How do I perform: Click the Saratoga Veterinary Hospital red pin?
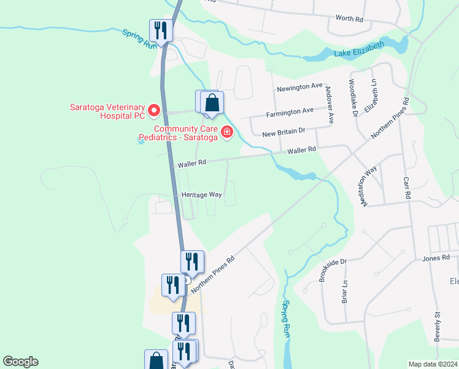[154, 111]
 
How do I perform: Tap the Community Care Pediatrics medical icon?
[227, 132]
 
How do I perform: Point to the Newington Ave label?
[299, 88]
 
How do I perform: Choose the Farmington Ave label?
[290, 112]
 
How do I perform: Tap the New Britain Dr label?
[283, 132]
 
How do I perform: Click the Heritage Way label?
[201, 194]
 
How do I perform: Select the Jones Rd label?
[436, 258]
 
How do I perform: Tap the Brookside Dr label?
[333, 271]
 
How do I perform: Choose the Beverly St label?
[438, 326]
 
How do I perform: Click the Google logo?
[20, 362]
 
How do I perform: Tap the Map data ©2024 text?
[433, 364]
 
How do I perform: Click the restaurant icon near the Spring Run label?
[161, 30]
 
